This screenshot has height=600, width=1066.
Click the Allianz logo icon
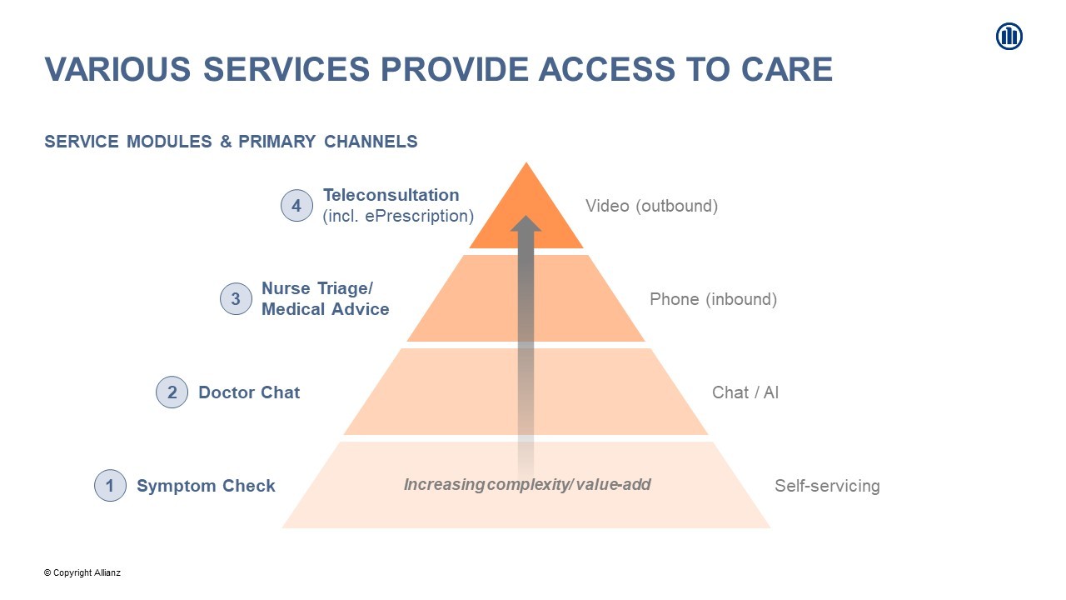coord(1009,36)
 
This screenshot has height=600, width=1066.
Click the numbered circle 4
coord(296,206)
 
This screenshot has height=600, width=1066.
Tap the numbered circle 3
coord(236,299)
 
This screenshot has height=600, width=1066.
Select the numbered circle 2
coord(172,392)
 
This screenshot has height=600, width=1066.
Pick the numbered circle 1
coord(110,486)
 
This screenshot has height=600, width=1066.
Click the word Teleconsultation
coord(391,195)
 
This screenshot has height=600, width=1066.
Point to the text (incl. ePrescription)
coord(398,216)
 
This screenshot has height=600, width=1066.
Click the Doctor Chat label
coord(249,392)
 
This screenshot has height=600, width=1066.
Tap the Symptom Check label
coord(206,486)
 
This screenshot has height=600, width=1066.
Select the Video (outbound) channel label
coord(651,206)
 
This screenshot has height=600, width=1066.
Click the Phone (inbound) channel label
coord(714,299)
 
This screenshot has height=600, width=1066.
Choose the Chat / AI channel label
coord(745,392)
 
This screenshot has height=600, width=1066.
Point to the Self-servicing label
coord(827,486)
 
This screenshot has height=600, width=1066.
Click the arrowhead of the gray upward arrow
coord(526,223)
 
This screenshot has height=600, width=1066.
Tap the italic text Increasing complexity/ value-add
coord(527,484)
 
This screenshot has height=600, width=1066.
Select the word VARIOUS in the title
coord(117,69)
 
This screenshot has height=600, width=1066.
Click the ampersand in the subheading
coord(226,142)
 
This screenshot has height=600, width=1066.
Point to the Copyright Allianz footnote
coord(82,572)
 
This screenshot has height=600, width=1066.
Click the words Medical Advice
coord(326,309)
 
